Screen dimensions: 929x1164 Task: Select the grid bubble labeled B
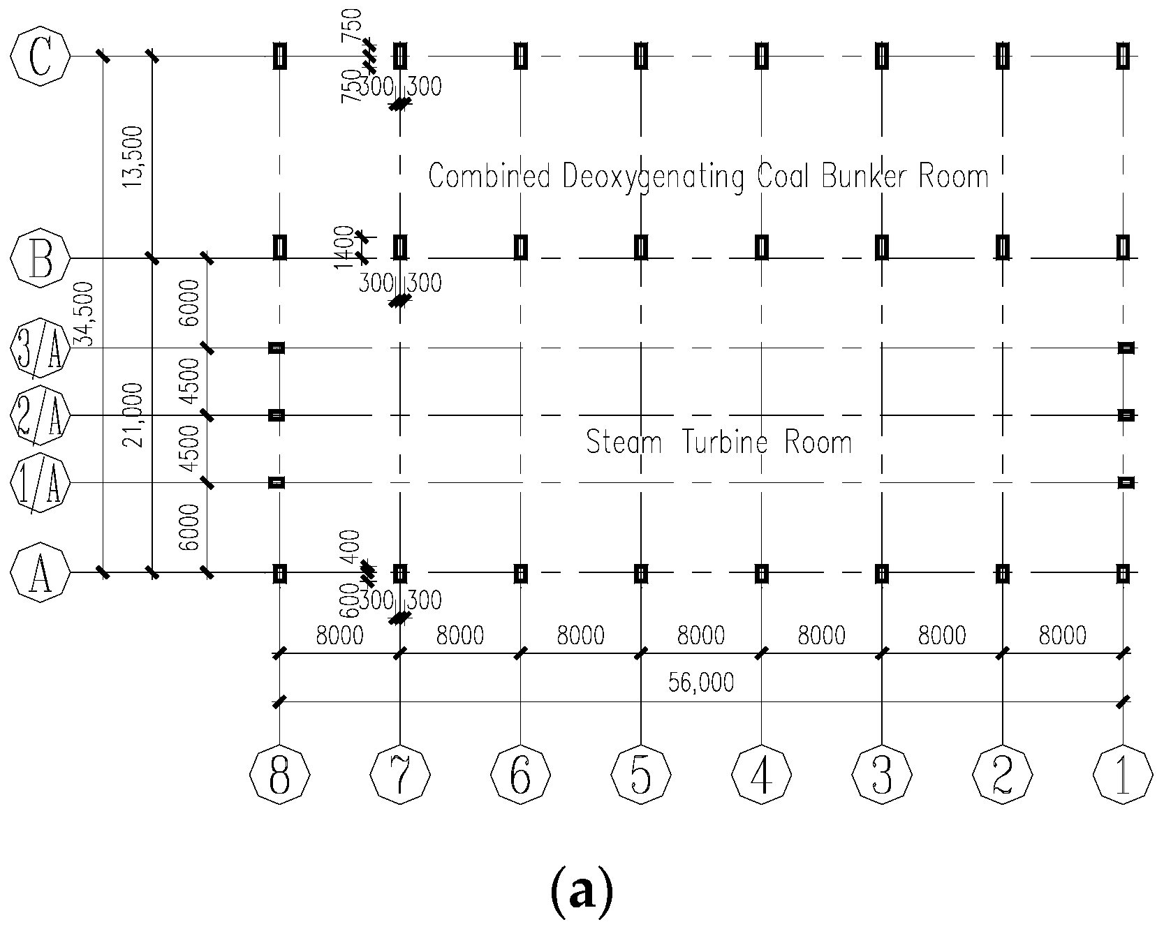(x=40, y=258)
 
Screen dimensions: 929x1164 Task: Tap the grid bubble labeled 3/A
(x=40, y=348)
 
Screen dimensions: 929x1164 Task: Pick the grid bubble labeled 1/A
(x=40, y=482)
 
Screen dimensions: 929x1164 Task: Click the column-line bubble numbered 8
(x=279, y=775)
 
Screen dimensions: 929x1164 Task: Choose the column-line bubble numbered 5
(x=641, y=775)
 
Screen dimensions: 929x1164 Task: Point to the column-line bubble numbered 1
(x=1123, y=775)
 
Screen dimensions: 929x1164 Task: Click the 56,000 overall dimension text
(x=701, y=682)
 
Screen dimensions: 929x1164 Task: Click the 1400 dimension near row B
(x=344, y=246)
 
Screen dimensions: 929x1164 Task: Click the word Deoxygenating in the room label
(x=654, y=177)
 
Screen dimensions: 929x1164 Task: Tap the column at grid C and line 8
(x=279, y=57)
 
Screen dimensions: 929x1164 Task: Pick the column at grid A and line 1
(x=1123, y=573)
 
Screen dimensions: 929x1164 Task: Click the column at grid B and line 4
(x=762, y=247)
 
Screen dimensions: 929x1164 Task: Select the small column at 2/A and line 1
(x=1125, y=415)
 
